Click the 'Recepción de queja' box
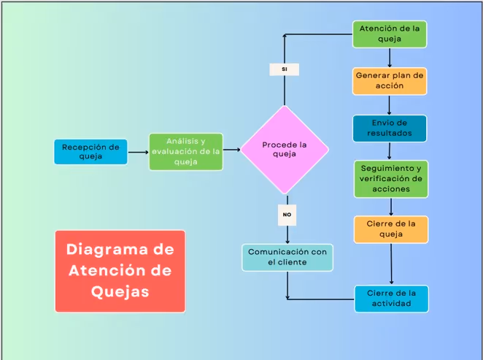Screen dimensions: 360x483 [90, 152]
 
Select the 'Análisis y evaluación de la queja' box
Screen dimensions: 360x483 [185, 152]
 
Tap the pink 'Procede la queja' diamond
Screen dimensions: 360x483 [285, 150]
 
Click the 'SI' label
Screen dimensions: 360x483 [284, 69]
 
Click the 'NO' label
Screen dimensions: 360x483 [287, 215]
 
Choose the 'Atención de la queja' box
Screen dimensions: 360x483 [390, 34]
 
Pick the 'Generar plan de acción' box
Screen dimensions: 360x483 [390, 80]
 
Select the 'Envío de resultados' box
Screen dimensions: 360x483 [390, 128]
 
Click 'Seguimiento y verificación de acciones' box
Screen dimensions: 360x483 [390, 179]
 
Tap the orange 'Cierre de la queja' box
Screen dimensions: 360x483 [390, 229]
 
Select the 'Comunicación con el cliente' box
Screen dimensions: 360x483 [287, 257]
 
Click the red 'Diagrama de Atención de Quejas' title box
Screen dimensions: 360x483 [120, 271]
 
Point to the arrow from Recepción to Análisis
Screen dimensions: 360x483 [138, 153]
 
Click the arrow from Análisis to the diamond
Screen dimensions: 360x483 [232, 150]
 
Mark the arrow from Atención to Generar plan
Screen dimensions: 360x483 [390, 58]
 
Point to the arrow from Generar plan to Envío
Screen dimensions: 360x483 [390, 104]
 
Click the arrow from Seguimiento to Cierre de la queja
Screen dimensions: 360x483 [391, 207]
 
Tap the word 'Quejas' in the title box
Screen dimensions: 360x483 [120, 291]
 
